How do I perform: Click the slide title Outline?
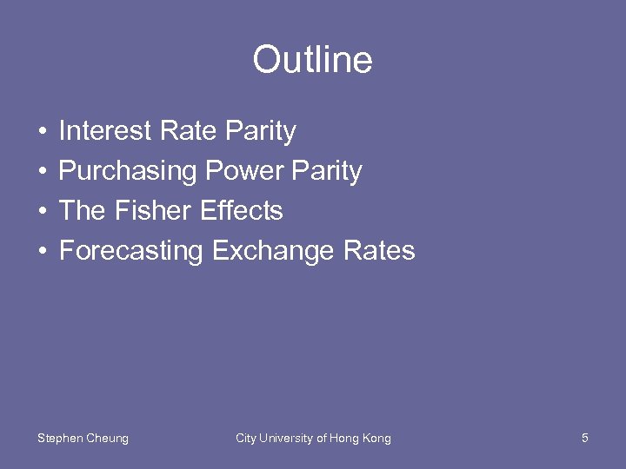coord(312,61)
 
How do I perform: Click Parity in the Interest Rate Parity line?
coord(260,132)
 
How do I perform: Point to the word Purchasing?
coord(128,172)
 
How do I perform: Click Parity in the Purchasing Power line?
coord(327,172)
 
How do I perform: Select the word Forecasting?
coord(130,252)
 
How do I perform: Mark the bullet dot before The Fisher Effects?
coord(43,212)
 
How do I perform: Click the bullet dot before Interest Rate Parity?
coord(43,132)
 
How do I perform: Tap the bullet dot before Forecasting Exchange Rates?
coord(43,252)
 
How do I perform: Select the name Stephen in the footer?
coord(59,439)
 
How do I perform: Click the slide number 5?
coord(585,438)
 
